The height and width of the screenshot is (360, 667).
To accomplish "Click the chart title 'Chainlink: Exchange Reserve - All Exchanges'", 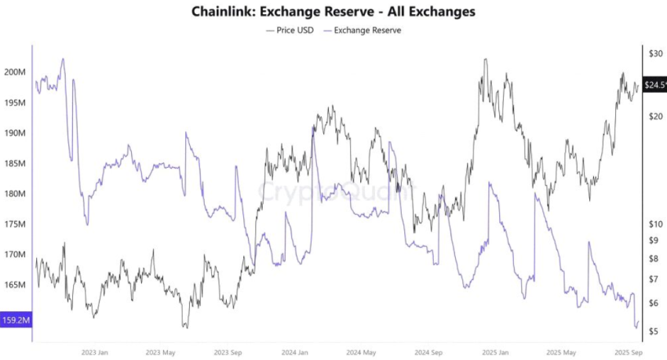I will pyautogui.click(x=333, y=12).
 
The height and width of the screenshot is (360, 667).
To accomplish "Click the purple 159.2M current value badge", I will pyautogui.click(x=15, y=320).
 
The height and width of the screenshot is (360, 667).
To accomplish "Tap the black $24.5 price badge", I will pyautogui.click(x=654, y=85).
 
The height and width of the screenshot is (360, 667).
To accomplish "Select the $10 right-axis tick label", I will pyautogui.click(x=654, y=224).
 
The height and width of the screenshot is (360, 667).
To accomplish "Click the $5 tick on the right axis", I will pyautogui.click(x=654, y=332).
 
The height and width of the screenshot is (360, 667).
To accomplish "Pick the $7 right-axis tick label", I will pyautogui.click(x=654, y=279).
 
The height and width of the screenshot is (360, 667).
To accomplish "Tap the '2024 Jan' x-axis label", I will pyautogui.click(x=295, y=352).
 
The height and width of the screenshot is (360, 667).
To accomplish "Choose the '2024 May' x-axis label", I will pyautogui.click(x=361, y=352).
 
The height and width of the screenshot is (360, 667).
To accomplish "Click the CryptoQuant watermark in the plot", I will pyautogui.click(x=333, y=191).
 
